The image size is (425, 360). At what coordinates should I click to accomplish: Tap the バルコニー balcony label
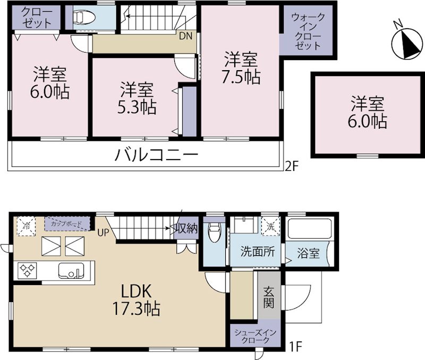[156, 156]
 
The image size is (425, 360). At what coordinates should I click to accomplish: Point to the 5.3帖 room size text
[137, 107]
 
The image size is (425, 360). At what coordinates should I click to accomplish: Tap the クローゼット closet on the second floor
[36, 17]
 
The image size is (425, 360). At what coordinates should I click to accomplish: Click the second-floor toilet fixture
[84, 18]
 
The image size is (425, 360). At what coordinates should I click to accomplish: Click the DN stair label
[185, 36]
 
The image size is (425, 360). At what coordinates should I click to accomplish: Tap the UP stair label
[103, 232]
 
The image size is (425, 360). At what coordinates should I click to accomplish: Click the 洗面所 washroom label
[257, 252]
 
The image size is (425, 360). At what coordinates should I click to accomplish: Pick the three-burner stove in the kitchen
[27, 271]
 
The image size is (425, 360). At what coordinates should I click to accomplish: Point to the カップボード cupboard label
[66, 223]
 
